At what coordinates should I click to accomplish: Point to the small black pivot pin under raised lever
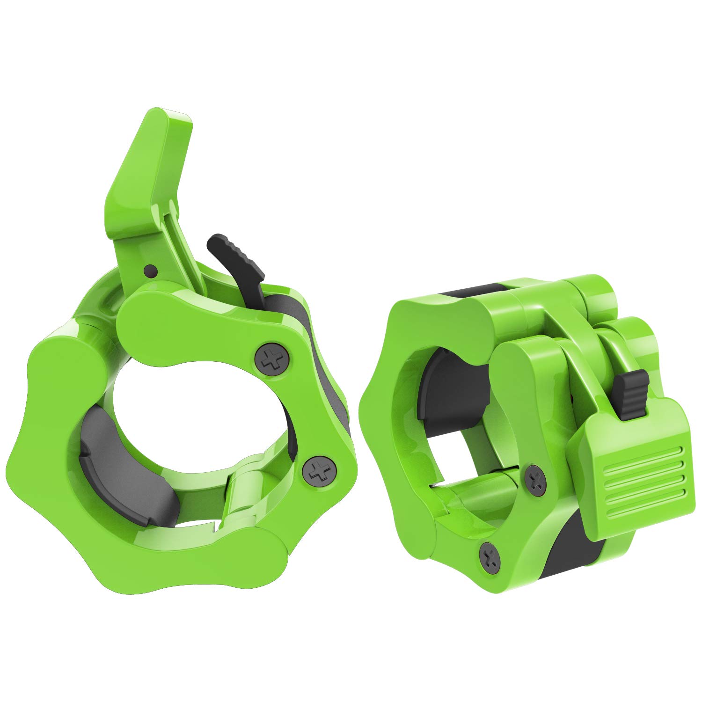coord(150,270)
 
